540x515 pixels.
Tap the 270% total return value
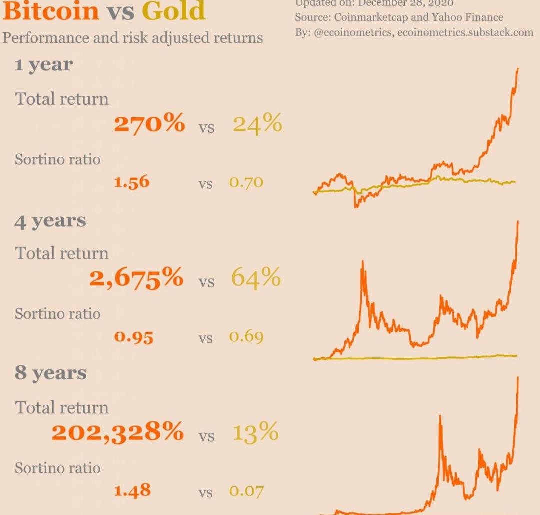[x=149, y=123]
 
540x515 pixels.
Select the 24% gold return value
[x=257, y=123]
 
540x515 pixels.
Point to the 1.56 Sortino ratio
[x=132, y=182]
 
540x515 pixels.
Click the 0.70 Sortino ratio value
[x=246, y=182]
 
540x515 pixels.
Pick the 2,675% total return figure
[x=136, y=278]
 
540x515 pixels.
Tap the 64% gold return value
[x=256, y=277]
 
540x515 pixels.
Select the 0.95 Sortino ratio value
[x=134, y=337]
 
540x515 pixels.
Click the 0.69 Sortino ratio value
[x=246, y=337]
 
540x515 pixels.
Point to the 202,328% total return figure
[x=117, y=432]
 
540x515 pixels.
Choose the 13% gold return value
[x=255, y=432]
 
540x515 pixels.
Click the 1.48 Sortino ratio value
[x=132, y=490]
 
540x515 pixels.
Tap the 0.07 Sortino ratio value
[x=246, y=491]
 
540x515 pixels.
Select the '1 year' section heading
[x=44, y=65]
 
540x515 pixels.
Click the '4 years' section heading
[x=50, y=221]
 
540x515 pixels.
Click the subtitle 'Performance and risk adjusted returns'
[x=133, y=38]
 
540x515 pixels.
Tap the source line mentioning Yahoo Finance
[x=399, y=18]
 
